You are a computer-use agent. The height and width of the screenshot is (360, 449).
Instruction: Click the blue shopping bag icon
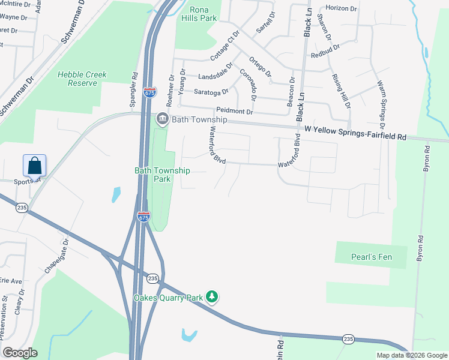point(35,165)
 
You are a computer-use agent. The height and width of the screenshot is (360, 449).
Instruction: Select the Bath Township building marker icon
point(162,119)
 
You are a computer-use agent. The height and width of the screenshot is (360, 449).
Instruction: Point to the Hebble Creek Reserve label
point(82,79)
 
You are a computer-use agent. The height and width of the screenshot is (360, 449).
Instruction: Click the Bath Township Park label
point(162,175)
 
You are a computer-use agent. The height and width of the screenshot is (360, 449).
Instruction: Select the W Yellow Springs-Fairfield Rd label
point(355,133)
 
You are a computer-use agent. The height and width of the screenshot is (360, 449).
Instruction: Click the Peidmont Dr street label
point(235,112)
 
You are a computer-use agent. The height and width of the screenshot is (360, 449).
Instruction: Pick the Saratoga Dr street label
point(211,92)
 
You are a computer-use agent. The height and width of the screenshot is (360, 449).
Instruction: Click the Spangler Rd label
point(134,90)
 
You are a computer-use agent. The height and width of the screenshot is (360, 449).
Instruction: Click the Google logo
point(20,353)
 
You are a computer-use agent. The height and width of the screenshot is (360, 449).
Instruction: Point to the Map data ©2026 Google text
point(411,355)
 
